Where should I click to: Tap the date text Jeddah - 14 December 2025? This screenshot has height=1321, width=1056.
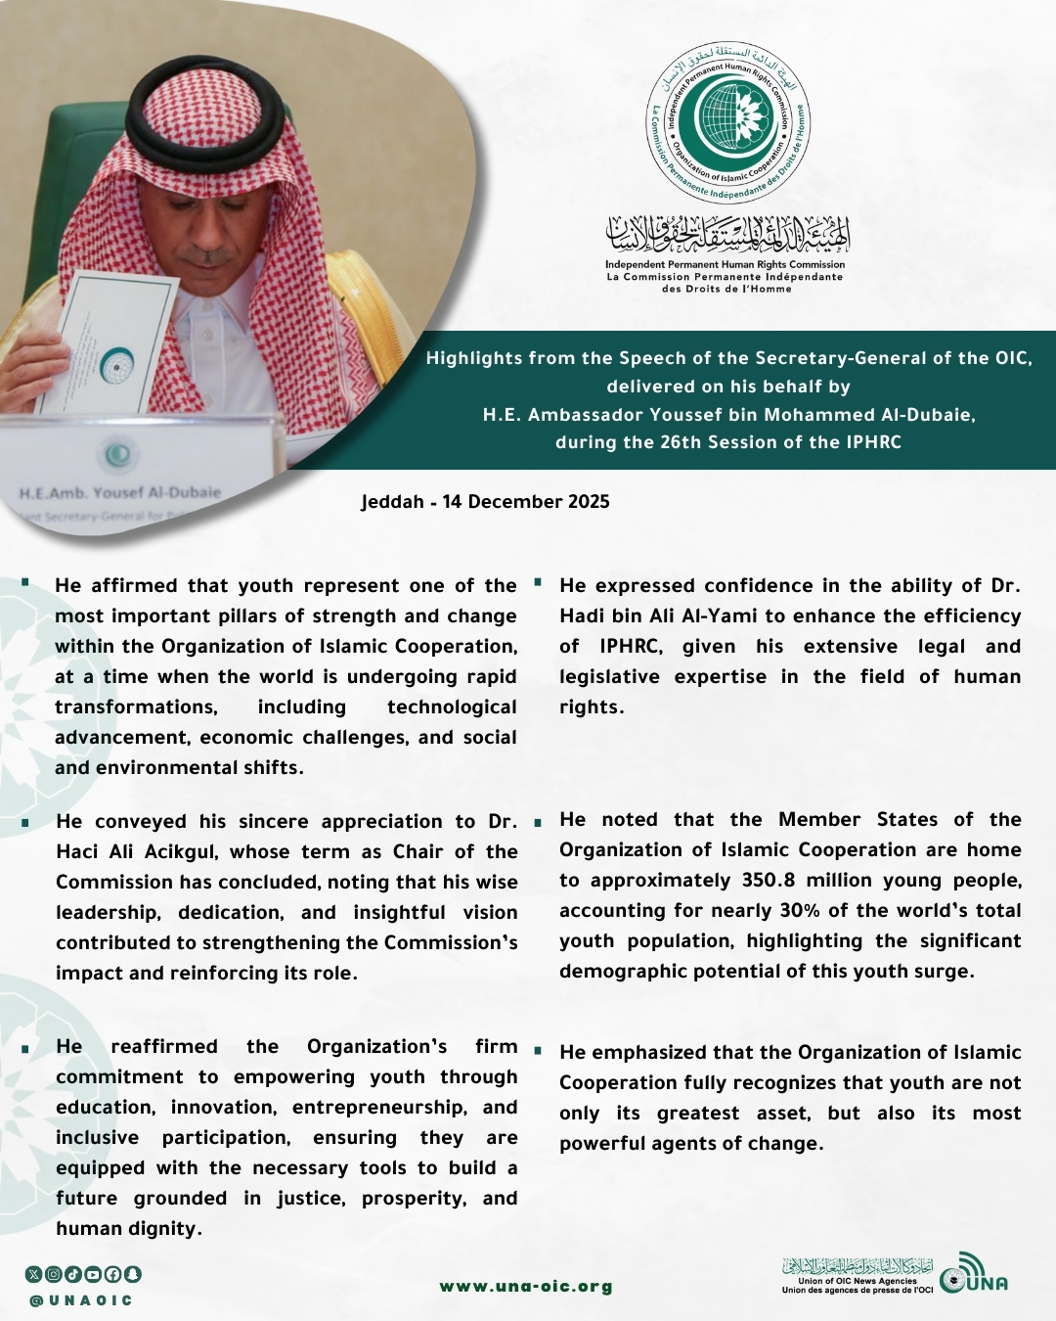tap(485, 502)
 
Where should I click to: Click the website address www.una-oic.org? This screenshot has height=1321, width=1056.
tap(526, 1287)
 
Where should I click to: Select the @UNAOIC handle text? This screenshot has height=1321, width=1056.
tap(80, 1300)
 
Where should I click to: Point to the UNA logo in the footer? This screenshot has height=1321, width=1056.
tap(973, 1275)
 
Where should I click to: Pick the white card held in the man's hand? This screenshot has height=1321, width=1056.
tap(108, 342)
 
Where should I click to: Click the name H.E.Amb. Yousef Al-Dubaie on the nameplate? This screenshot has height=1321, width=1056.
tap(119, 492)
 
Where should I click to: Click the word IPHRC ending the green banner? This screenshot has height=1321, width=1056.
tap(874, 442)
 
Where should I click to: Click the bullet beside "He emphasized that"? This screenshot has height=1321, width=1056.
tap(537, 1052)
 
